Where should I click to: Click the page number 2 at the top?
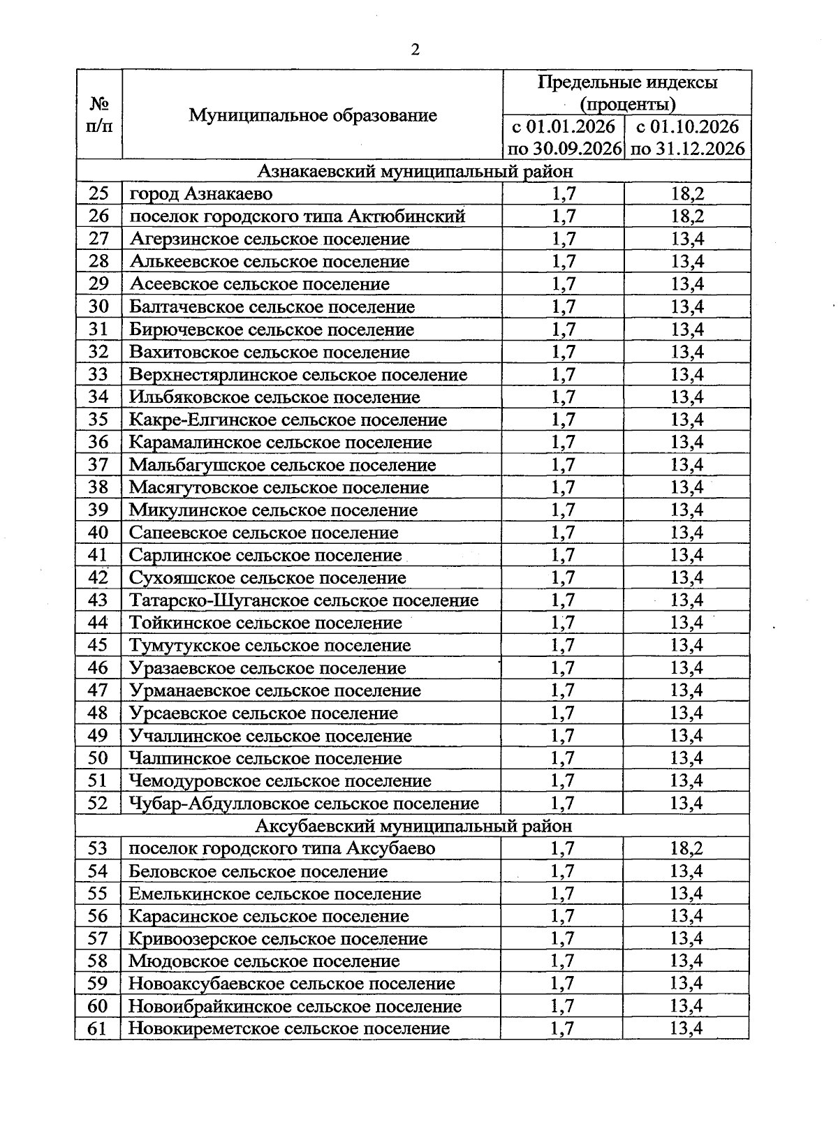tap(416, 49)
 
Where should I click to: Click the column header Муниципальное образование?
tap(313, 115)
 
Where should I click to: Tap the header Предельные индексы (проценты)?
tap(627, 94)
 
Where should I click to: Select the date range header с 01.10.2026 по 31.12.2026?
tap(687, 138)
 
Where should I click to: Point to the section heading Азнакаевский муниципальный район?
tap(415, 171)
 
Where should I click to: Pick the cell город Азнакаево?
tap(201, 193)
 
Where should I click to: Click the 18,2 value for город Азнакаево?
tap(687, 193)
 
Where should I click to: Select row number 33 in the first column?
tap(98, 374)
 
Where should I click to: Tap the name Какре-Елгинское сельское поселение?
tap(288, 420)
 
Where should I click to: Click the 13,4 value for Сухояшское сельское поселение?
tap(687, 577)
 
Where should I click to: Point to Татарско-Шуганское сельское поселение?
tap(304, 600)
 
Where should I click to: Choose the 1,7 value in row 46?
tap(563, 668)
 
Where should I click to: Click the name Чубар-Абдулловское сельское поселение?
tap(304, 804)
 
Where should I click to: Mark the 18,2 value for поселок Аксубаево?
tap(686, 848)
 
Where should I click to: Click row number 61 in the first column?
tap(98, 1028)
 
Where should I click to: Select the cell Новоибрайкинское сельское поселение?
tap(295, 1006)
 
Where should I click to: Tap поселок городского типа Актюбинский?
tap(297, 216)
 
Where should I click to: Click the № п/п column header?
tap(99, 115)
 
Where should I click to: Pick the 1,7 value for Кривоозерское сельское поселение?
tap(562, 938)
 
